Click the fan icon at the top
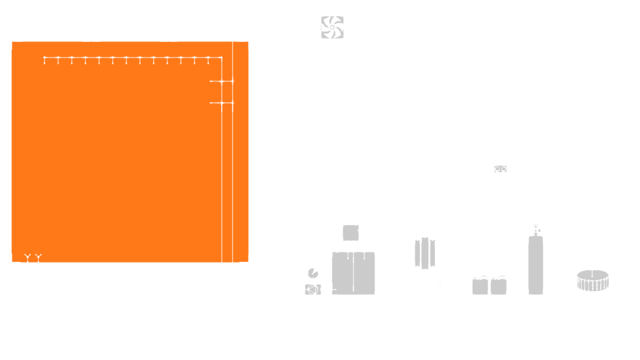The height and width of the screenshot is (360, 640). pos(332,27)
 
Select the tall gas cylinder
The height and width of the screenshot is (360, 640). pos(536,264)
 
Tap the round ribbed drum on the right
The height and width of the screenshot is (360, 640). pos(592,281)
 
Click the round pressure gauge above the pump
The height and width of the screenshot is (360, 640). pos(313,273)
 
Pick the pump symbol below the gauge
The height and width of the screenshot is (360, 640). pos(312,289)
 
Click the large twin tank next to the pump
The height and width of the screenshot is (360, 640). pos(354,272)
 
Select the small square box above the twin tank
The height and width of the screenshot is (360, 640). pos(351,232)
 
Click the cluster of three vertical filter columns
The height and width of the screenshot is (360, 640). pos(425,252)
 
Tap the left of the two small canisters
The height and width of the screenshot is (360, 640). pos(480,286)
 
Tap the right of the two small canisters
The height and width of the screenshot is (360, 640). pos(499,286)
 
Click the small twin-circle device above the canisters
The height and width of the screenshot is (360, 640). pos(500,169)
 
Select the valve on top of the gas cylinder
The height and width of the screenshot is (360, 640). pos(535,229)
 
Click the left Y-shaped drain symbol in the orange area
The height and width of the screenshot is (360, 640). pos(27,256)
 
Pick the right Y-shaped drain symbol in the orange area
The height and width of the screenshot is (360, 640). pos(39,256)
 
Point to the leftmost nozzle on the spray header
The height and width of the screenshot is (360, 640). pos(45,61)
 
